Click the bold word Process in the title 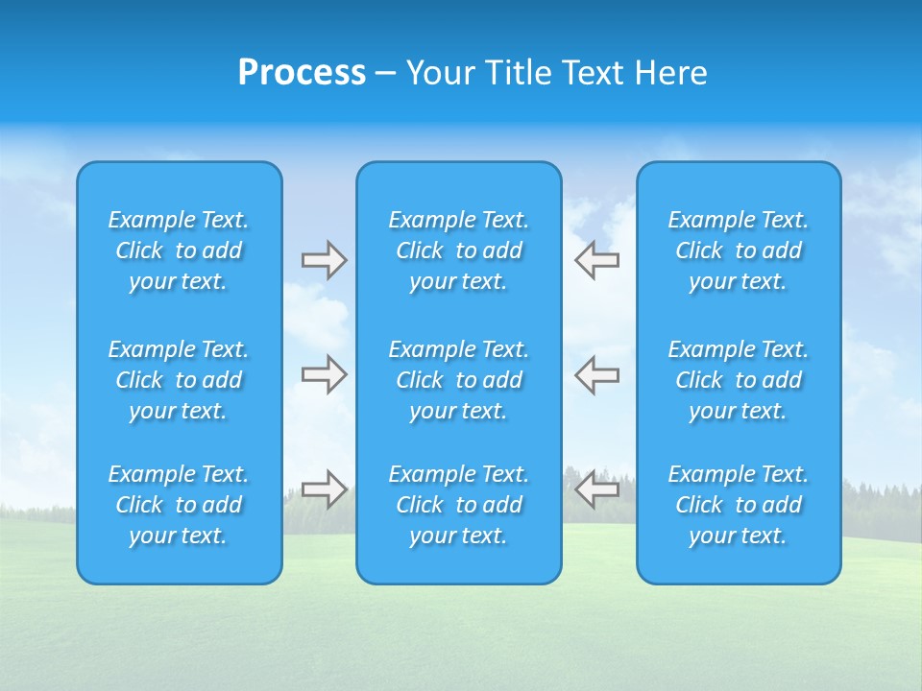(x=302, y=73)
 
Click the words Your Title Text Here (x=557, y=73)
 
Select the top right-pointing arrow (x=324, y=260)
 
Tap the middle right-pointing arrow (x=324, y=374)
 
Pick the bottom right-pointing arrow (x=324, y=489)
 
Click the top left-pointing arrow (x=596, y=260)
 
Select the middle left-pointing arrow (x=596, y=374)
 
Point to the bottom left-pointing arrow (x=596, y=489)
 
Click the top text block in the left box (x=179, y=250)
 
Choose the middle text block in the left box (x=179, y=380)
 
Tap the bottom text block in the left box (x=179, y=505)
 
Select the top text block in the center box (x=458, y=250)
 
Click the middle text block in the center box (x=458, y=380)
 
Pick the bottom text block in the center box (x=458, y=505)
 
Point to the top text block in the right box (x=738, y=250)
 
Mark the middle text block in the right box (x=738, y=380)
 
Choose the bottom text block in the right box (x=738, y=505)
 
